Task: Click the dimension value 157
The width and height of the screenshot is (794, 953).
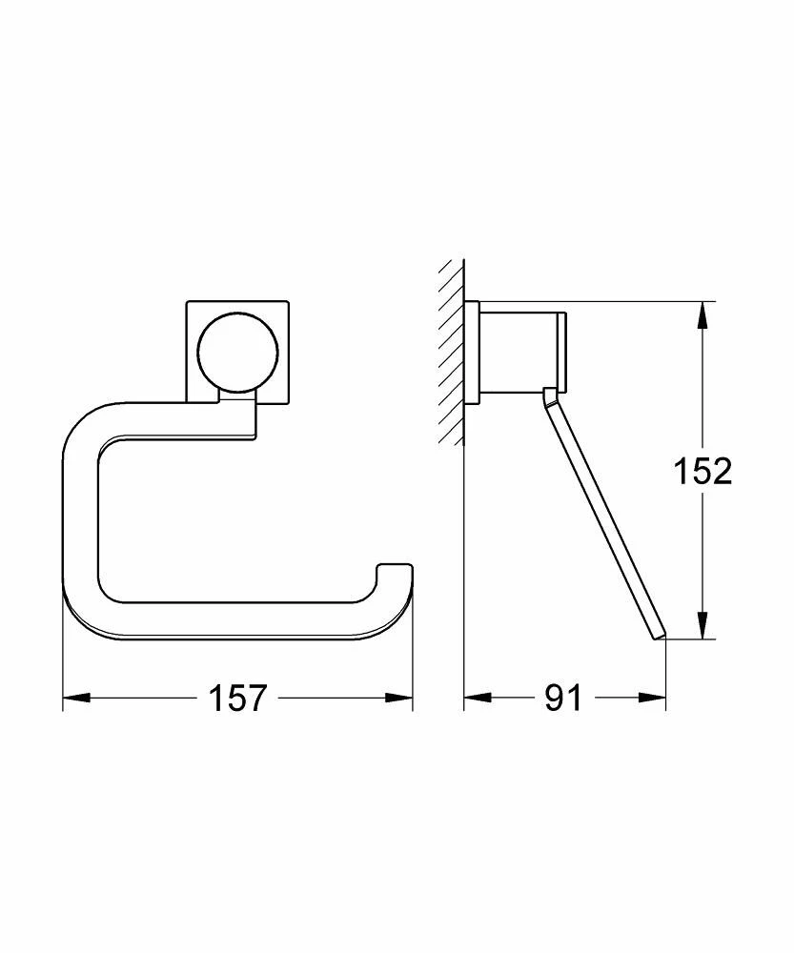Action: [x=237, y=699]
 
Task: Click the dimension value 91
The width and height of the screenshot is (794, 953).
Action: [x=563, y=699]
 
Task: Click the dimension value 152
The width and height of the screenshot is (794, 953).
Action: [x=703, y=471]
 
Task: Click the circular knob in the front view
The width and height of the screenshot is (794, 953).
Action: [x=238, y=354]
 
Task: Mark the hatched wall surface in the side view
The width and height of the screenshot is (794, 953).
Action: [x=450, y=353]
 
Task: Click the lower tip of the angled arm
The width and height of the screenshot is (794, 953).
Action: [x=657, y=634]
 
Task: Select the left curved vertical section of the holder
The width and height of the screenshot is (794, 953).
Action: [x=80, y=515]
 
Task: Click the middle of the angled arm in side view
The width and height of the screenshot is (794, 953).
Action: [x=601, y=515]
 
